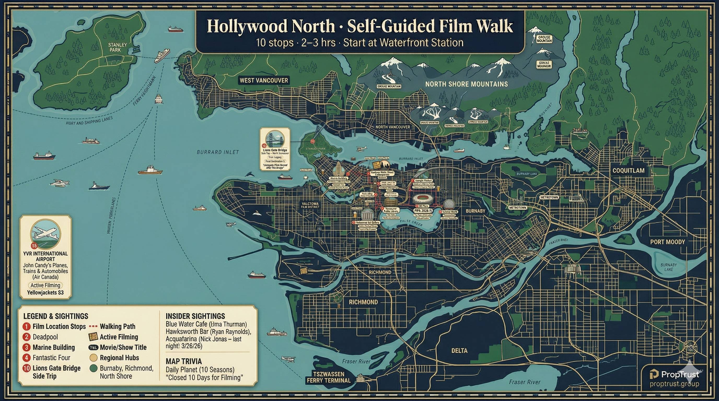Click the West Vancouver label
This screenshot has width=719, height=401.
263,80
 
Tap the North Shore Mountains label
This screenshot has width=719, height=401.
466,84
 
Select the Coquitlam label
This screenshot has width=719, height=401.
628,171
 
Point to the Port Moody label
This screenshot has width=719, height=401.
667,242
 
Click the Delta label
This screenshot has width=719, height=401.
459,351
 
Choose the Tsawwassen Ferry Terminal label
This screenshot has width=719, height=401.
328,377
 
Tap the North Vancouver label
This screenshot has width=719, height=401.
392,127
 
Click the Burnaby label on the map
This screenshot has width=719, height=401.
475,211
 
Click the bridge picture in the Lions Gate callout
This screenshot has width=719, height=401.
275,139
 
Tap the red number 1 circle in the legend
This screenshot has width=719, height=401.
26,327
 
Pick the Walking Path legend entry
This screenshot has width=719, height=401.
117,326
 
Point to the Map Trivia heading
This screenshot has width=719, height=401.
183,361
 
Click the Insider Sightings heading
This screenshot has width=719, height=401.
195,316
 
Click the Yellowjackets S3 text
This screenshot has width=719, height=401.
45,292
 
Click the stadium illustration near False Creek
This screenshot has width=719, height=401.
422,199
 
